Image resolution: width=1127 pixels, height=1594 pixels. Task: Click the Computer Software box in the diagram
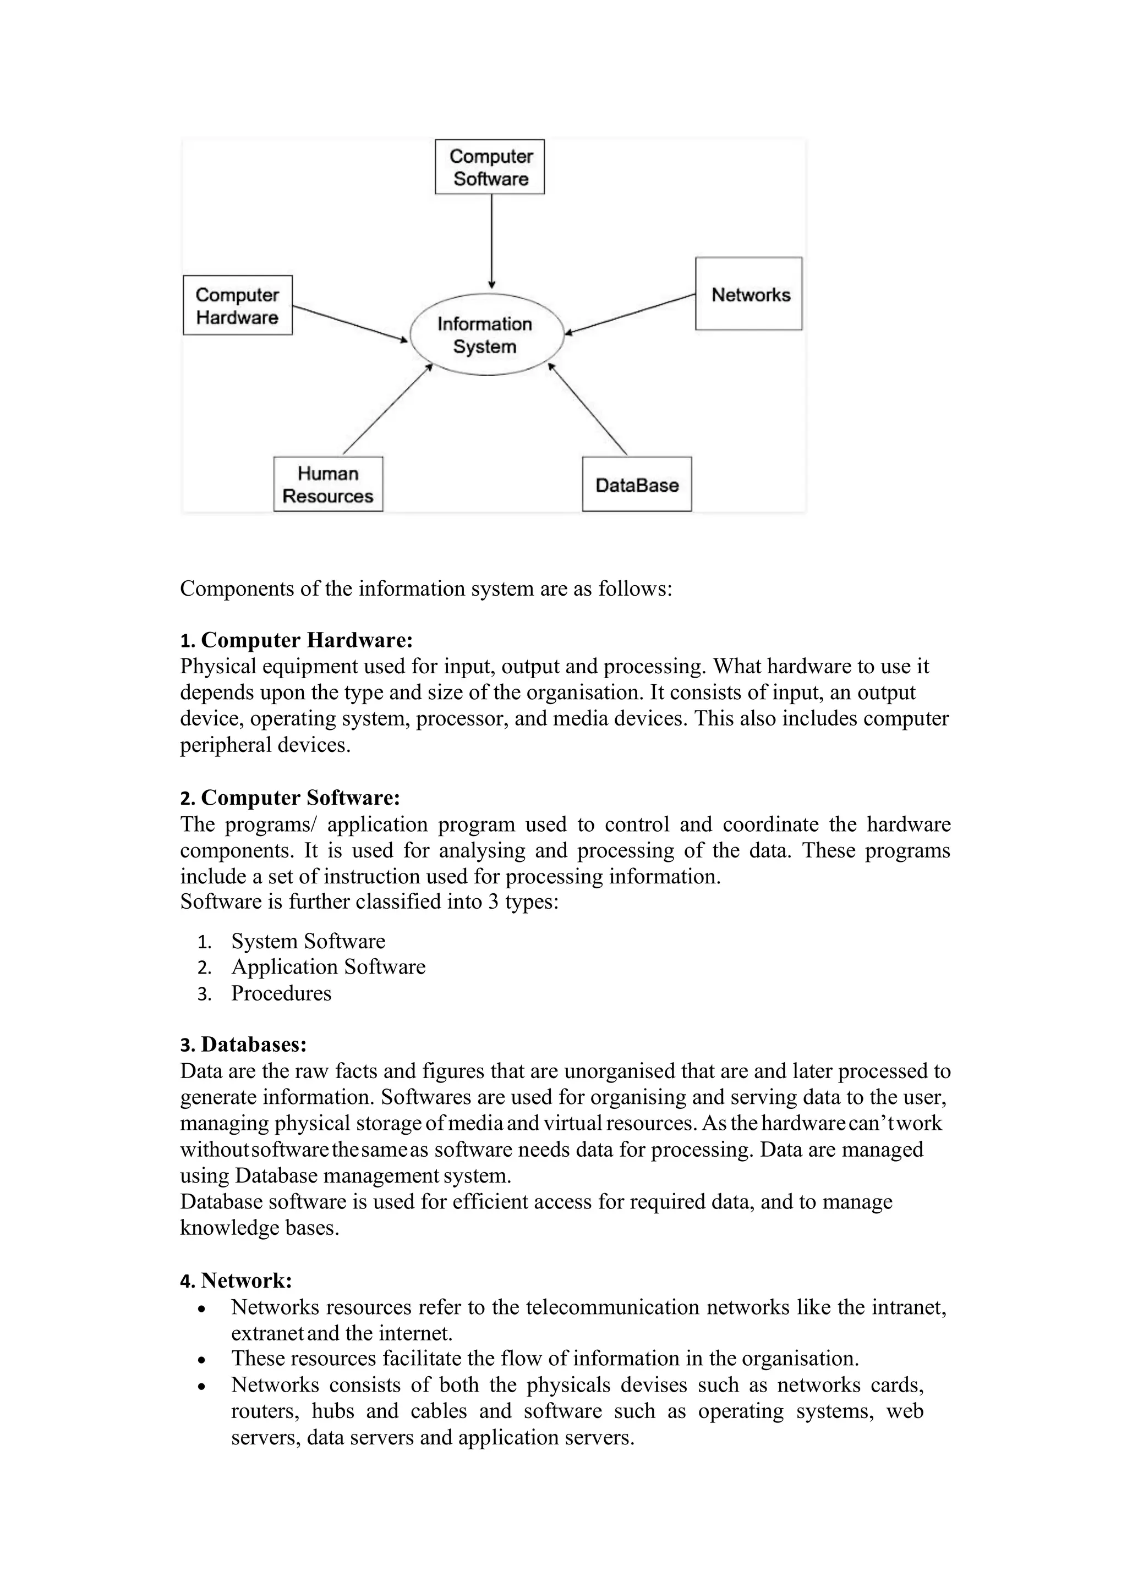tap(490, 167)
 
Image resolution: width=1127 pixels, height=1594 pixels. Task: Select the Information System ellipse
tap(485, 334)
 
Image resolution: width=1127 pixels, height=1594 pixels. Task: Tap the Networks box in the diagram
tap(748, 294)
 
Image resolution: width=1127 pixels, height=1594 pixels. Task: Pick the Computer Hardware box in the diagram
tap(238, 305)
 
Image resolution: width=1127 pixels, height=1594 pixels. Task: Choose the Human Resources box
tap(328, 484)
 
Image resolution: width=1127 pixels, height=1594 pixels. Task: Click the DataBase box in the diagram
tap(637, 485)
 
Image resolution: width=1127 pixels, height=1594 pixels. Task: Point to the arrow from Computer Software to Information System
tap(491, 239)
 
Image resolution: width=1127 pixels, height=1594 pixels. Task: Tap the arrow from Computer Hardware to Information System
tap(349, 323)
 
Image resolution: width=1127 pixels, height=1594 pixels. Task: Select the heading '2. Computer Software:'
tap(290, 798)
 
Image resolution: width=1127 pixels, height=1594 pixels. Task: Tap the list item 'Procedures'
tap(281, 993)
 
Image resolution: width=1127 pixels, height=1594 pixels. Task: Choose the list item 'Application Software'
tap(328, 967)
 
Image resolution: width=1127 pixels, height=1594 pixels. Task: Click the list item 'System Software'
tap(308, 942)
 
